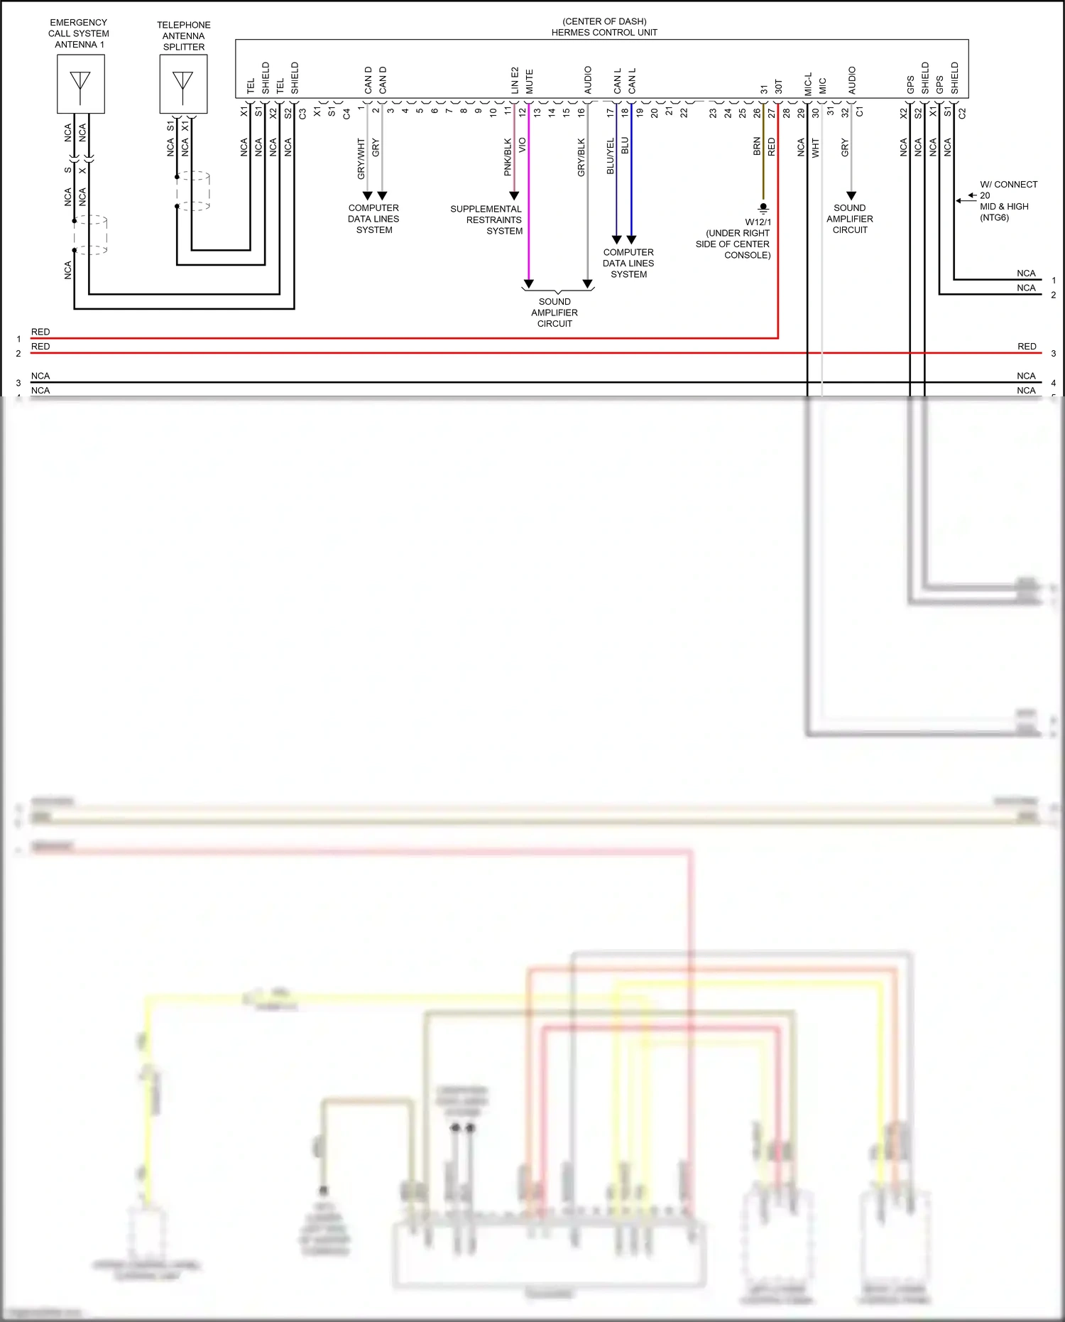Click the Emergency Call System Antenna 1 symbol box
click(x=81, y=84)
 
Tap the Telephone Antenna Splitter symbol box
click(x=183, y=84)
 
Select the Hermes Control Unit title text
click(x=604, y=32)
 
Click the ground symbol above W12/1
click(x=763, y=209)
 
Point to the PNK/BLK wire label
click(x=508, y=157)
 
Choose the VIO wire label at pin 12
click(x=523, y=146)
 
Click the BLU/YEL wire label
click(x=610, y=156)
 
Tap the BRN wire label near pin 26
click(x=757, y=146)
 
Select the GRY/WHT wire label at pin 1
click(x=361, y=158)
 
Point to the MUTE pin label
click(x=529, y=82)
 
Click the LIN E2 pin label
click(x=515, y=80)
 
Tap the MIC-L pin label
click(x=808, y=84)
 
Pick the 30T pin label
click(x=778, y=86)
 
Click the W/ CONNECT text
click(x=1008, y=185)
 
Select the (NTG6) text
click(x=994, y=217)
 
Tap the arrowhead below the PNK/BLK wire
click(x=514, y=195)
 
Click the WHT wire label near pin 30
click(x=816, y=148)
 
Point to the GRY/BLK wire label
click(x=581, y=158)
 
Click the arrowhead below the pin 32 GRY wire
click(x=851, y=195)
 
